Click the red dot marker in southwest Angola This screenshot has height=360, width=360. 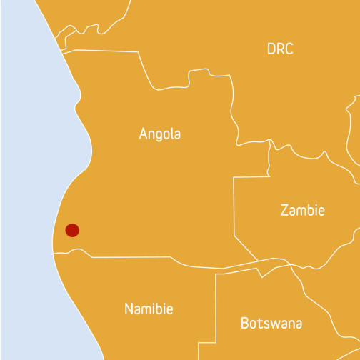[72, 230]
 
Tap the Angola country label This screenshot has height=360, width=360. [160, 134]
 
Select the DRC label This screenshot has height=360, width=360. [280, 49]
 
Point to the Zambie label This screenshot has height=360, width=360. [302, 211]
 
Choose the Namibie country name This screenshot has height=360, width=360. [149, 309]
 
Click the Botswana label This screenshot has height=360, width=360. [271, 322]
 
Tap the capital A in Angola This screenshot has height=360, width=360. [144, 134]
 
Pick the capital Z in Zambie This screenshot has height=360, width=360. [284, 211]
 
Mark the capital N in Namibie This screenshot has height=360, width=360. [129, 309]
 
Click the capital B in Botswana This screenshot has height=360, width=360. [245, 322]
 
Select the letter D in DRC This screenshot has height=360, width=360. [271, 49]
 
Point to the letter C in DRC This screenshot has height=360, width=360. [289, 49]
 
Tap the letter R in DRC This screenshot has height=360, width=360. [281, 49]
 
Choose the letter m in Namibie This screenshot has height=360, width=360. [148, 310]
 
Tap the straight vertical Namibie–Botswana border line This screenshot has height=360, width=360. [216, 314]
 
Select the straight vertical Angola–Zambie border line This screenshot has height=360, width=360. [234, 207]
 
